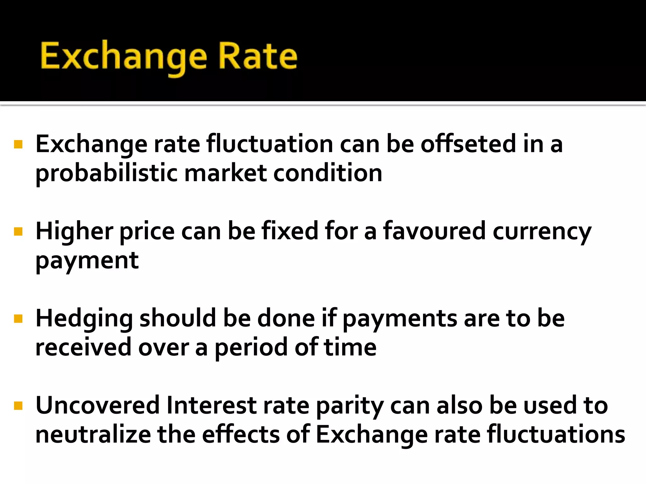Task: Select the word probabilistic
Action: coord(107,174)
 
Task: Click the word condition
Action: coord(328,173)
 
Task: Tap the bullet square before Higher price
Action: coord(18,232)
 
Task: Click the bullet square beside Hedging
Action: coord(18,319)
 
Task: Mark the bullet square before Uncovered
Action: coord(18,406)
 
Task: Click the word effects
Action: coord(241,435)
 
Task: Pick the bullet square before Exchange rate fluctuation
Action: coord(18,144)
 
